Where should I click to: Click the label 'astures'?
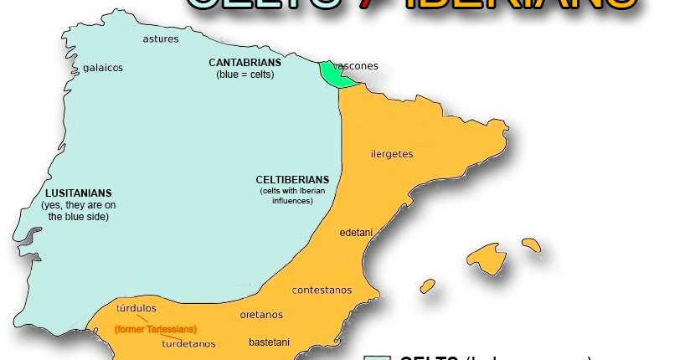pos(160,39)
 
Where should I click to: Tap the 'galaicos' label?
pos(103,68)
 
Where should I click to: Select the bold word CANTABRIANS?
pos(245,63)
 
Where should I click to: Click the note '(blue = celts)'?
pos(245,74)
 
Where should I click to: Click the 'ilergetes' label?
pos(391,154)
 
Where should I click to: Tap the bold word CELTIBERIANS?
pos(292,180)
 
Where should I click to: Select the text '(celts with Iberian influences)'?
pos(292,197)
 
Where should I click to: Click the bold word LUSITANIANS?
pos(79,193)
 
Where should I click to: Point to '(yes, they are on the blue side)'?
pos(79,211)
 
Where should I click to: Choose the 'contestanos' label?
pos(322,291)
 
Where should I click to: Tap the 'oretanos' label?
pos(261,316)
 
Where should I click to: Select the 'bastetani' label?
pos(269,342)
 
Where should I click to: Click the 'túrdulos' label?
pos(136,308)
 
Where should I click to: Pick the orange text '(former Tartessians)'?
pos(156,330)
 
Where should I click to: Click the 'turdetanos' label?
pos(188,344)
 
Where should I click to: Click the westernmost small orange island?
pos(428,285)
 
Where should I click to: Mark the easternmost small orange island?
pos(530,245)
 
